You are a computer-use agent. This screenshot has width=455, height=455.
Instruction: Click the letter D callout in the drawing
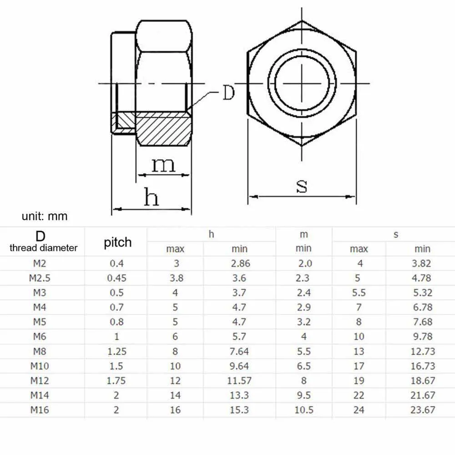click(x=228, y=93)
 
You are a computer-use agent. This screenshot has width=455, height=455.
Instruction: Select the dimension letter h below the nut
click(x=152, y=197)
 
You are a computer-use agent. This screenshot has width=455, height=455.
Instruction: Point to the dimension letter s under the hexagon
click(x=302, y=186)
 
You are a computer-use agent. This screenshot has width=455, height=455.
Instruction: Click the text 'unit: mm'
click(x=45, y=216)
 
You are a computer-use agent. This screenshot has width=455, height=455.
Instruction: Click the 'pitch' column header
click(x=117, y=242)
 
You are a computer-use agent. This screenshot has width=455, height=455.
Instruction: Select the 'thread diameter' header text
click(x=44, y=248)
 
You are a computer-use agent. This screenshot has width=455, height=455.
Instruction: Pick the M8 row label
click(x=39, y=351)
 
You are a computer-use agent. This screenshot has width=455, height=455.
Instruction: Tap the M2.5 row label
click(x=39, y=278)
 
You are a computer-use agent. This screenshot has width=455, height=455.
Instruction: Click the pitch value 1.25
click(x=116, y=351)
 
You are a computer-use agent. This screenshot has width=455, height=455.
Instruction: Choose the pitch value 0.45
click(x=116, y=278)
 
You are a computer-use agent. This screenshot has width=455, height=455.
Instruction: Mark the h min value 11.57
click(x=239, y=380)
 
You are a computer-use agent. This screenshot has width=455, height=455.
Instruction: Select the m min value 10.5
click(x=303, y=410)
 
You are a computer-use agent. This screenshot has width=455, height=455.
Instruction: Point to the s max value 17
click(x=359, y=366)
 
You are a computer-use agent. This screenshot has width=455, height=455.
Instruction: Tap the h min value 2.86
click(x=239, y=263)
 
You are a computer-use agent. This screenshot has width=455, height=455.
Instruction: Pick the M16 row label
click(x=40, y=410)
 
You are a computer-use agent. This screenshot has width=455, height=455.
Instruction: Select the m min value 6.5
click(x=303, y=366)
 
